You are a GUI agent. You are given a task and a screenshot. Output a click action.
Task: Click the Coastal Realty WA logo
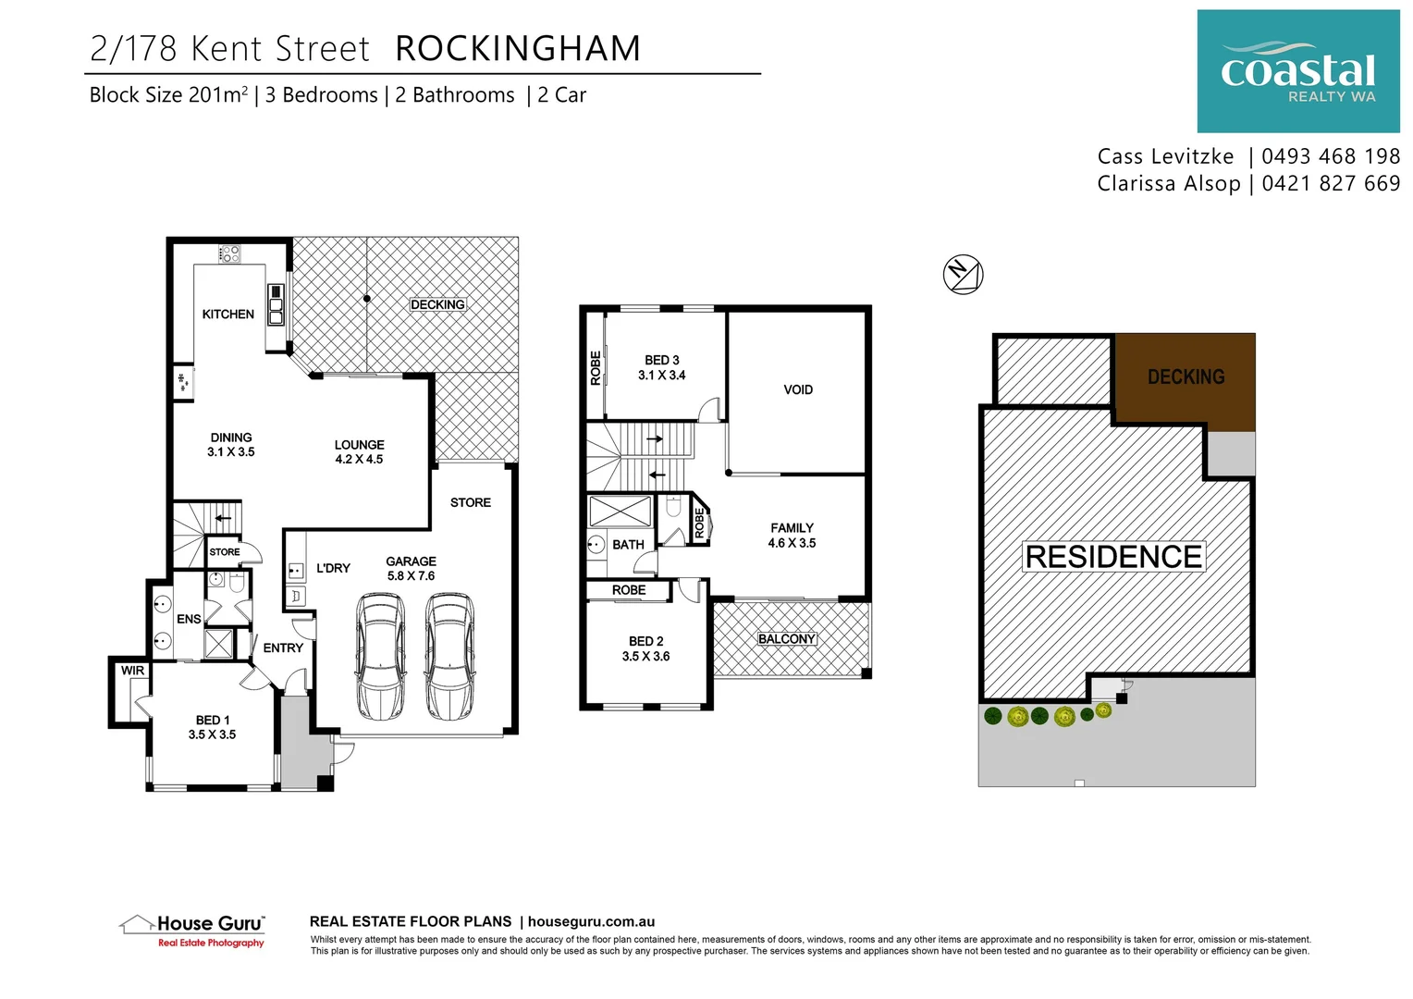tap(1297, 71)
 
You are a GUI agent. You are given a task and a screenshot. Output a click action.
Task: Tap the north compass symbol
tap(963, 274)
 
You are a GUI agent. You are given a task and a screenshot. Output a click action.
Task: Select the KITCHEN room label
tap(227, 314)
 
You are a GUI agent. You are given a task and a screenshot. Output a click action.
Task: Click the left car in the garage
tap(381, 657)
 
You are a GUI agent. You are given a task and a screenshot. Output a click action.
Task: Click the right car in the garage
tap(449, 657)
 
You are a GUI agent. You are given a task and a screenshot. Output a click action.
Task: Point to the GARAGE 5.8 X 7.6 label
tap(411, 569)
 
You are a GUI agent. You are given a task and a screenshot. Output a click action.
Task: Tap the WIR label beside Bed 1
tap(132, 671)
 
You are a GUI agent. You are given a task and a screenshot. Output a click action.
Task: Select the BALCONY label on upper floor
tap(786, 639)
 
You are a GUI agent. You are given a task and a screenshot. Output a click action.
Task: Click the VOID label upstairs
tap(797, 390)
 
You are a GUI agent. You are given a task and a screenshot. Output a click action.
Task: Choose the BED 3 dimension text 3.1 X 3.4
tap(661, 376)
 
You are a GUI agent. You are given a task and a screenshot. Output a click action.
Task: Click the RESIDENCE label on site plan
tap(1113, 557)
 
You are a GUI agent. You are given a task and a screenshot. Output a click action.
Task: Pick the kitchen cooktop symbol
tap(229, 253)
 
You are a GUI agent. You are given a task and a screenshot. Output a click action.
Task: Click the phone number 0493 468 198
tap(1330, 156)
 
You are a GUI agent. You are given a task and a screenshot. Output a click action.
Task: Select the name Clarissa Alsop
tap(1168, 184)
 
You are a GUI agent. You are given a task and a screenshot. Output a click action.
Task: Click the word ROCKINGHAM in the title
tap(518, 49)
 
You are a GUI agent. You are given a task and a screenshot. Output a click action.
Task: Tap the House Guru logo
tap(193, 930)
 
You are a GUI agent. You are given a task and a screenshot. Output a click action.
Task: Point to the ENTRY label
tap(283, 648)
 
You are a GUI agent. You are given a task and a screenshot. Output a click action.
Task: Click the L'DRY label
tap(333, 568)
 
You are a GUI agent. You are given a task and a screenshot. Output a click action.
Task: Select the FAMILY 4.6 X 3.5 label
tap(792, 536)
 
